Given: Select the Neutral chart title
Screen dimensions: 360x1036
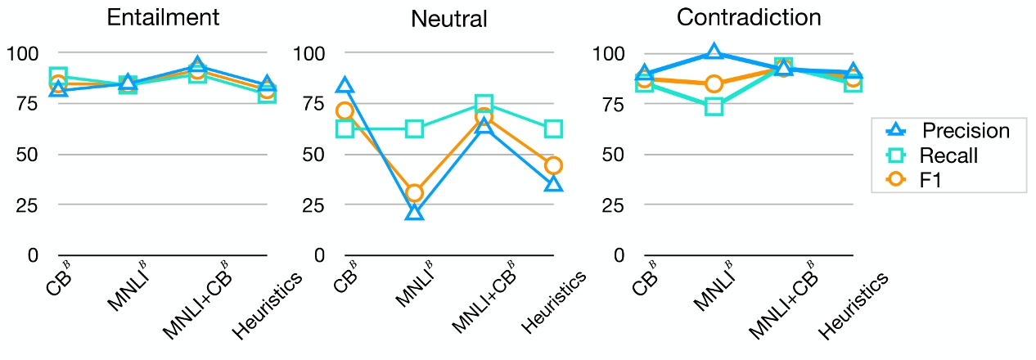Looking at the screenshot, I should [449, 19].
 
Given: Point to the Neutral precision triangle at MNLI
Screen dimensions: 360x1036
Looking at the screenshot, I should [415, 213].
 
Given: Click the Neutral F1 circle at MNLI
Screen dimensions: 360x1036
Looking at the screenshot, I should [415, 193].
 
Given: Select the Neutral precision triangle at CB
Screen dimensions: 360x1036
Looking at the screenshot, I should [345, 85].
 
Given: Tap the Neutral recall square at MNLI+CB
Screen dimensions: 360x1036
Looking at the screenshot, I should [484, 104].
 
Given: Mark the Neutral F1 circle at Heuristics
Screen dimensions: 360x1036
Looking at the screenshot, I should [554, 165].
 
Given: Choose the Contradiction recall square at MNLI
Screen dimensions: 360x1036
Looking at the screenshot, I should [714, 106].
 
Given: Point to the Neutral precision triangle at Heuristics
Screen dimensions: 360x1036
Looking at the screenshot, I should [554, 184].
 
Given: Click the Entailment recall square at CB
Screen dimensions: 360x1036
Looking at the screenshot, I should [58, 77].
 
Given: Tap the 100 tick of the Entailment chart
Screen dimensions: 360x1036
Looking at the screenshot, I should [22, 54].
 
